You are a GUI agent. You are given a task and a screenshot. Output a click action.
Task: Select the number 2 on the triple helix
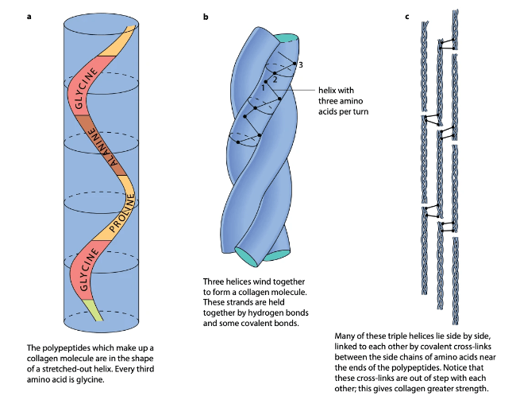[275, 78]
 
